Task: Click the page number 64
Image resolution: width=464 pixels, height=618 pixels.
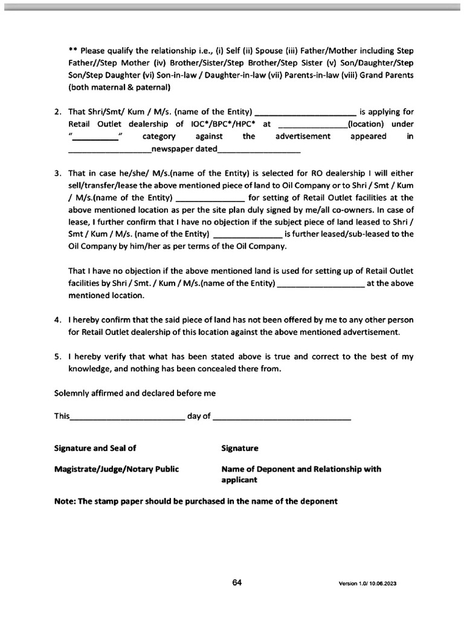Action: [237, 582]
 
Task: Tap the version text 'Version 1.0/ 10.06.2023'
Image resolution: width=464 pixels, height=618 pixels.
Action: [367, 584]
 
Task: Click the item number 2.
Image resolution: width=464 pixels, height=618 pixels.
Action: [57, 112]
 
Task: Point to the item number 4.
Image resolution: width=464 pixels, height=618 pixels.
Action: [57, 320]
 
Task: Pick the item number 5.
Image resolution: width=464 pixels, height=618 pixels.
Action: [57, 357]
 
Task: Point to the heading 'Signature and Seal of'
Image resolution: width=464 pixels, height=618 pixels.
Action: [95, 448]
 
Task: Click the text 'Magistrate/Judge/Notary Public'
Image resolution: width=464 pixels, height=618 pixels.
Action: [117, 469]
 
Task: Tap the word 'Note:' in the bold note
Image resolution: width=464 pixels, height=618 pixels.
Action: [66, 501]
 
